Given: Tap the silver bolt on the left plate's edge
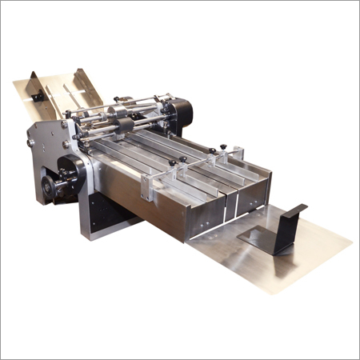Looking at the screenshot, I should click(x=30, y=142).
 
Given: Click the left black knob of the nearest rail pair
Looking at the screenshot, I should click(x=172, y=163).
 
